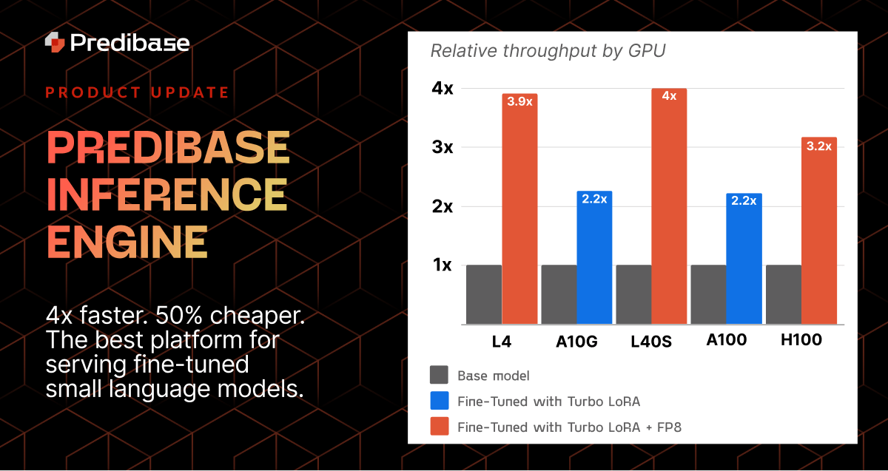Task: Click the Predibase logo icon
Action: (55, 42)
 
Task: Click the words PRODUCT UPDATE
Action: (137, 92)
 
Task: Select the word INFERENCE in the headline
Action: (166, 194)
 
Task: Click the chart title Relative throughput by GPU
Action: (548, 51)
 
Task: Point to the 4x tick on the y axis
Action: (443, 88)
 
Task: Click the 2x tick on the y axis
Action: (443, 206)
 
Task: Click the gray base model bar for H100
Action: (783, 294)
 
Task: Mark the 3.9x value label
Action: (519, 101)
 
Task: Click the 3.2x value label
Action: (818, 146)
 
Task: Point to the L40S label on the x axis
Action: (651, 342)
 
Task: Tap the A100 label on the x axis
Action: (726, 340)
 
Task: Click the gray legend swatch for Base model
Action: (439, 375)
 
